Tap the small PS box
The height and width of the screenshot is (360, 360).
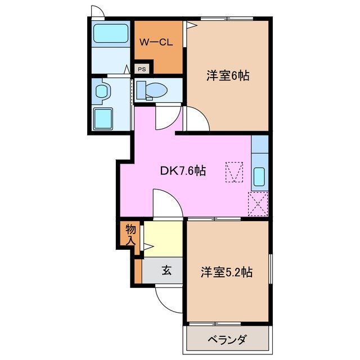[142, 69]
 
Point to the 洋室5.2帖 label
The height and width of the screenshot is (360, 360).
[227, 272]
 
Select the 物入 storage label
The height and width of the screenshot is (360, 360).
[130, 234]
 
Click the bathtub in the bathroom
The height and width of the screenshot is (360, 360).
[110, 34]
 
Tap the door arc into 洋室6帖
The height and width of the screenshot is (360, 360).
[197, 119]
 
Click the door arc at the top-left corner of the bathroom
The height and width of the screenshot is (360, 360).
[98, 12]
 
